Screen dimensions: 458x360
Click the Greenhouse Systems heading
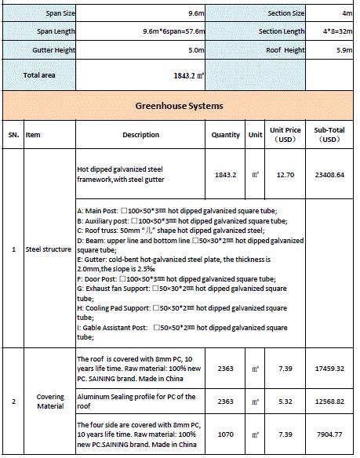click(180, 105)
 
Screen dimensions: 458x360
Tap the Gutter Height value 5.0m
click(196, 49)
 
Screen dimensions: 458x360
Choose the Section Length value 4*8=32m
click(332, 31)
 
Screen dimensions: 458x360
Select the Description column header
click(140, 134)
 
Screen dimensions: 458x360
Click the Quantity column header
click(226, 134)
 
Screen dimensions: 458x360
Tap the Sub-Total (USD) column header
click(329, 134)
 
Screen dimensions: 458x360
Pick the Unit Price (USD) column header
click(286, 134)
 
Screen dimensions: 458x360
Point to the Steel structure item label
click(49, 250)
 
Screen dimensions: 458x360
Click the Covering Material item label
click(50, 402)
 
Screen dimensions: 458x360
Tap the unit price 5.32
click(285, 402)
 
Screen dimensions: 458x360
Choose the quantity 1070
click(226, 434)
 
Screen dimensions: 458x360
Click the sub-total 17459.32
click(329, 367)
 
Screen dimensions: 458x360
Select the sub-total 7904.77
click(329, 434)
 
